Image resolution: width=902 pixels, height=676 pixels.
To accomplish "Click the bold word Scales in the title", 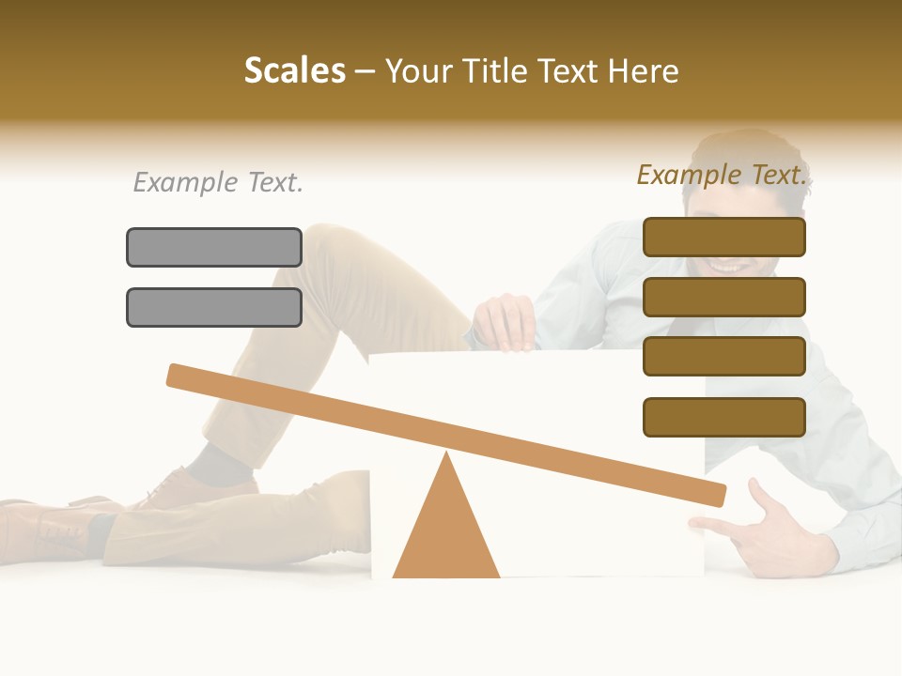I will pos(294,70).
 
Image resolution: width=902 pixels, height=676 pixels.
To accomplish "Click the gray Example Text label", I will pos(218,182).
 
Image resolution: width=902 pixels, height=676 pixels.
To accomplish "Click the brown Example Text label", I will pos(722,175).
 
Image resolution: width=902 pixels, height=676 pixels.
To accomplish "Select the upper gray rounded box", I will pos(214,247).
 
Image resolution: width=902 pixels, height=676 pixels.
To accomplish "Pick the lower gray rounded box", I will pos(214,307).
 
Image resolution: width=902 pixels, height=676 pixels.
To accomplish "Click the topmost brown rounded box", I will pos(724,237).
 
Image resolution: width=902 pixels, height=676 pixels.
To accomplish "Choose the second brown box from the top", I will pos(724,297).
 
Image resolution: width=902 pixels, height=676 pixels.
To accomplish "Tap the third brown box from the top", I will pos(724,357).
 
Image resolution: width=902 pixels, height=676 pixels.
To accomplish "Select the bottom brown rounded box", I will pos(724,417).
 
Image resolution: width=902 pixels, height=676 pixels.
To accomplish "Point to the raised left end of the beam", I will pos(179,375).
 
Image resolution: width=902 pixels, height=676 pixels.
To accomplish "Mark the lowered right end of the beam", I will pos(714,493).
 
